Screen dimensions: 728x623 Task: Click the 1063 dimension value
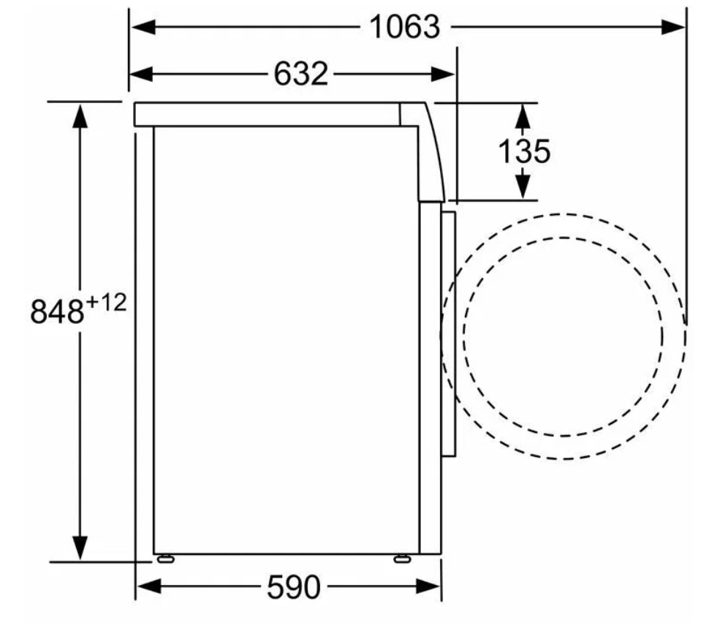click(x=404, y=27)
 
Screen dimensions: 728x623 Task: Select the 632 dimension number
click(x=301, y=74)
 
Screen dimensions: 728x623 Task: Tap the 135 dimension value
click(x=524, y=151)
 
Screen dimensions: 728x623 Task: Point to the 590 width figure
click(x=293, y=586)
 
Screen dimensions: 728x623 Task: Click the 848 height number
click(x=57, y=311)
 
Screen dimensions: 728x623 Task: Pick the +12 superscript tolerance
click(x=106, y=303)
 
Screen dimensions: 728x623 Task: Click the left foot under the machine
click(x=166, y=559)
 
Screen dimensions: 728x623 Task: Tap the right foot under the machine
click(x=402, y=559)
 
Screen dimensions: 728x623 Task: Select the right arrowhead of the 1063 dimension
click(x=673, y=27)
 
